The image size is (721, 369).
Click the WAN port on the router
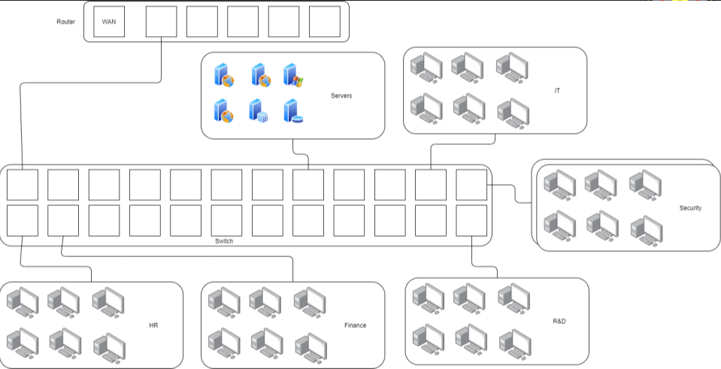click(109, 22)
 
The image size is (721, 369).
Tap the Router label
click(66, 21)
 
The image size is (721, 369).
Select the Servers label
click(341, 95)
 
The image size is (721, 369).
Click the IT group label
click(557, 90)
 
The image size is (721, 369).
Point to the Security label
click(690, 207)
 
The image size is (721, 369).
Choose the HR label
click(153, 325)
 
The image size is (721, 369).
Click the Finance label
click(355, 325)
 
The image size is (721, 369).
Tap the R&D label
click(559, 321)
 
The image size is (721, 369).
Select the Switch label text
click(224, 240)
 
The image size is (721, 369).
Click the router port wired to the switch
click(161, 22)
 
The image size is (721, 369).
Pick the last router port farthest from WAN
click(324, 22)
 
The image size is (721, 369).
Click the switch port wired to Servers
click(307, 185)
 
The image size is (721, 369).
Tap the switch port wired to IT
click(430, 185)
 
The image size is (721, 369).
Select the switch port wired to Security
click(471, 185)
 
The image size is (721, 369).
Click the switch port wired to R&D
click(471, 220)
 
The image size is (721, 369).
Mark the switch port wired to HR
click(23, 220)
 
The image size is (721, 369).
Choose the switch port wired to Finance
click(63, 220)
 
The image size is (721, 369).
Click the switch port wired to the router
click(23, 185)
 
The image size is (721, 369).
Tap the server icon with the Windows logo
click(292, 75)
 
